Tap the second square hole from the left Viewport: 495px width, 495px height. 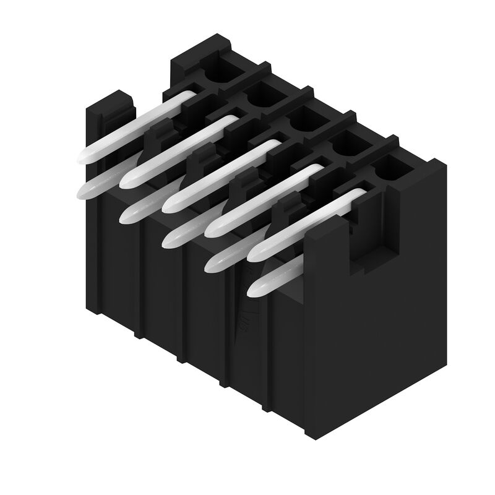265,94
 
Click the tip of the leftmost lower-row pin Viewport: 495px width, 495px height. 82,192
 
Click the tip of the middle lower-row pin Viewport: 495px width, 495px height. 168,241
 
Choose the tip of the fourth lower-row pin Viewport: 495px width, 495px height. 210,265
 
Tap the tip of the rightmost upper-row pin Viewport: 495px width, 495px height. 254,254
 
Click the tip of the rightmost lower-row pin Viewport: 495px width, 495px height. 253,290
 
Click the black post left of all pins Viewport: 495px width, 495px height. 111,114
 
